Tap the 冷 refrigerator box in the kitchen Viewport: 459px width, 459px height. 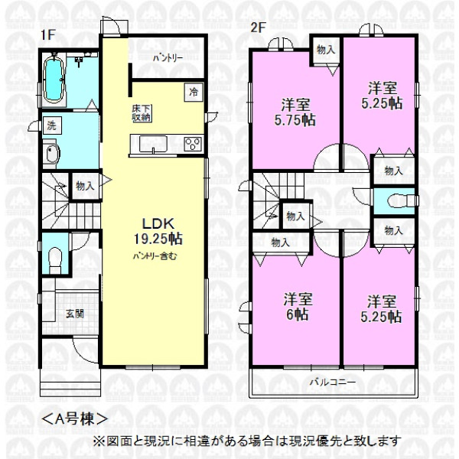[194, 93]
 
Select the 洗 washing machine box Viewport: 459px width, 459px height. [52, 125]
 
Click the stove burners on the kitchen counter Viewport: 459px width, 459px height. [194, 144]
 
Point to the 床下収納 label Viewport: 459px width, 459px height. [142, 113]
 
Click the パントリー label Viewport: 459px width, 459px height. [168, 58]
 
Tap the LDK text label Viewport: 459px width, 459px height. [158, 224]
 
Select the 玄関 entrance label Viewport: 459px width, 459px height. [75, 314]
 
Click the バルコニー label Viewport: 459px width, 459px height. [333, 382]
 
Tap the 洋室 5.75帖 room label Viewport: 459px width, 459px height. [295, 112]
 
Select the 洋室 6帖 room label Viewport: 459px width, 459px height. [298, 307]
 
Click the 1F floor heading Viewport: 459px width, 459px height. [48, 35]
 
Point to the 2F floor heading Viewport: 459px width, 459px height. [258, 28]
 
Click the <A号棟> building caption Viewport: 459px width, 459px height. [74, 419]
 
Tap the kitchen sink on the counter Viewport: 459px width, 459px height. [154, 144]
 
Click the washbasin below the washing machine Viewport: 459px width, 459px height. [52, 154]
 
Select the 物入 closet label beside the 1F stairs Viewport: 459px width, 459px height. [85, 186]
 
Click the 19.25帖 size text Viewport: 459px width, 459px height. [158, 239]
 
